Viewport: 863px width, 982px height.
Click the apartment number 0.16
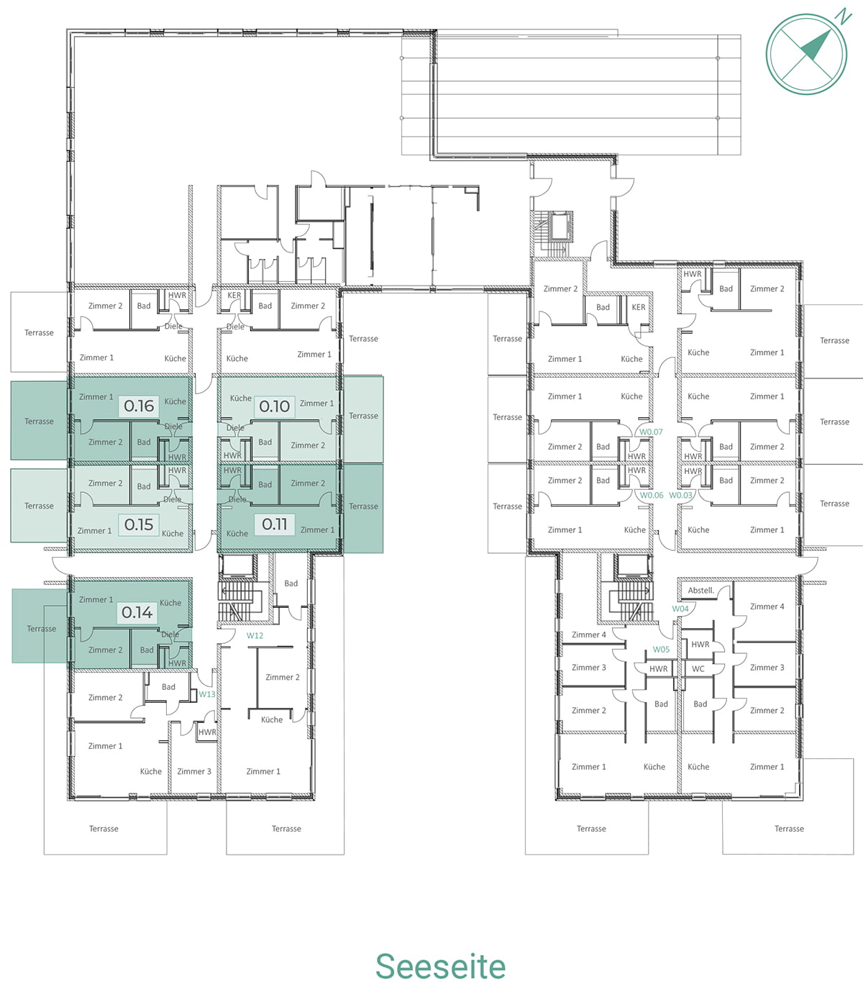point(139,406)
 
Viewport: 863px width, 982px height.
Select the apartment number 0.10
point(274,406)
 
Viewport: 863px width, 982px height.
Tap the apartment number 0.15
point(139,524)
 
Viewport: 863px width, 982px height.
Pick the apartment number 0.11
point(274,524)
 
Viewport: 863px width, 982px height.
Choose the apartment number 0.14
point(137,612)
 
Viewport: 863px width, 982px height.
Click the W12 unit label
point(255,635)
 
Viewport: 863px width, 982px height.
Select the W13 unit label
point(207,694)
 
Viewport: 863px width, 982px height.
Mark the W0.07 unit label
point(651,432)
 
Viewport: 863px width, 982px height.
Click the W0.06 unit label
point(652,495)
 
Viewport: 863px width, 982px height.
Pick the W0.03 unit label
point(681,495)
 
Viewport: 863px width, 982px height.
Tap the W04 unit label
point(680,609)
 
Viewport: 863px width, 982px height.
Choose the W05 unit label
point(661,650)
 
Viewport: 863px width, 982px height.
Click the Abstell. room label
point(701,591)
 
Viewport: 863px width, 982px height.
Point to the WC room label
point(698,669)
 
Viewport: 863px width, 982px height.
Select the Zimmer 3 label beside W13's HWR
point(194,771)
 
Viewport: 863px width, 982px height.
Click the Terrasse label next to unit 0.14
point(41,629)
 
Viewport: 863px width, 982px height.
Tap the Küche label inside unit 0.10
point(241,398)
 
